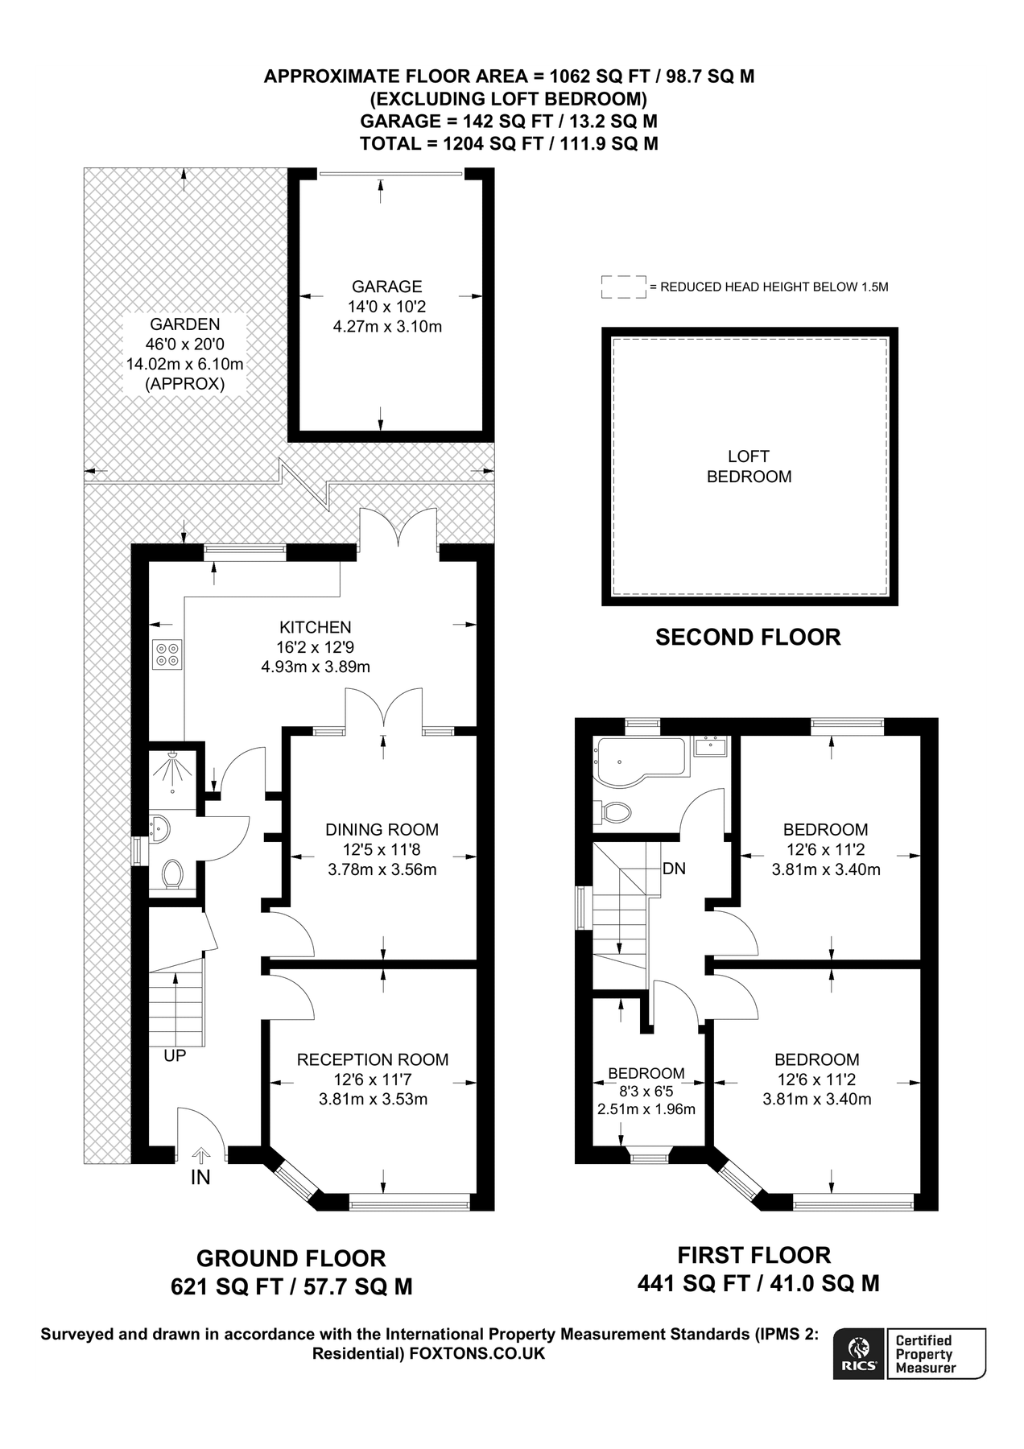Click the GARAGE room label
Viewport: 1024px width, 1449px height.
[x=386, y=287]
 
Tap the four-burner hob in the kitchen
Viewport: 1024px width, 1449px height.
[x=168, y=654]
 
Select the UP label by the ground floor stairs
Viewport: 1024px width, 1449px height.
[x=175, y=1055]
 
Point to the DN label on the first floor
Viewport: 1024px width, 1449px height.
[x=674, y=869]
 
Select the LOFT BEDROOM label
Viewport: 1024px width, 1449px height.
[x=749, y=467]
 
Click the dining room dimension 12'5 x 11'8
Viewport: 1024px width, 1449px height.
[x=382, y=849]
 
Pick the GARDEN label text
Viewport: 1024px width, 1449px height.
[x=184, y=324]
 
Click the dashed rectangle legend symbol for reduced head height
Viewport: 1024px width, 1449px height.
[x=623, y=287]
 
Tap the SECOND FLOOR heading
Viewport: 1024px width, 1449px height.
[x=748, y=638]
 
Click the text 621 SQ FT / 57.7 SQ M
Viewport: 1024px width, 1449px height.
[x=291, y=1287]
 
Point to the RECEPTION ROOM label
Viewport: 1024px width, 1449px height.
[x=373, y=1059]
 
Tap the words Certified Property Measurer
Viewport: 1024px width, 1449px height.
[x=925, y=1354]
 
